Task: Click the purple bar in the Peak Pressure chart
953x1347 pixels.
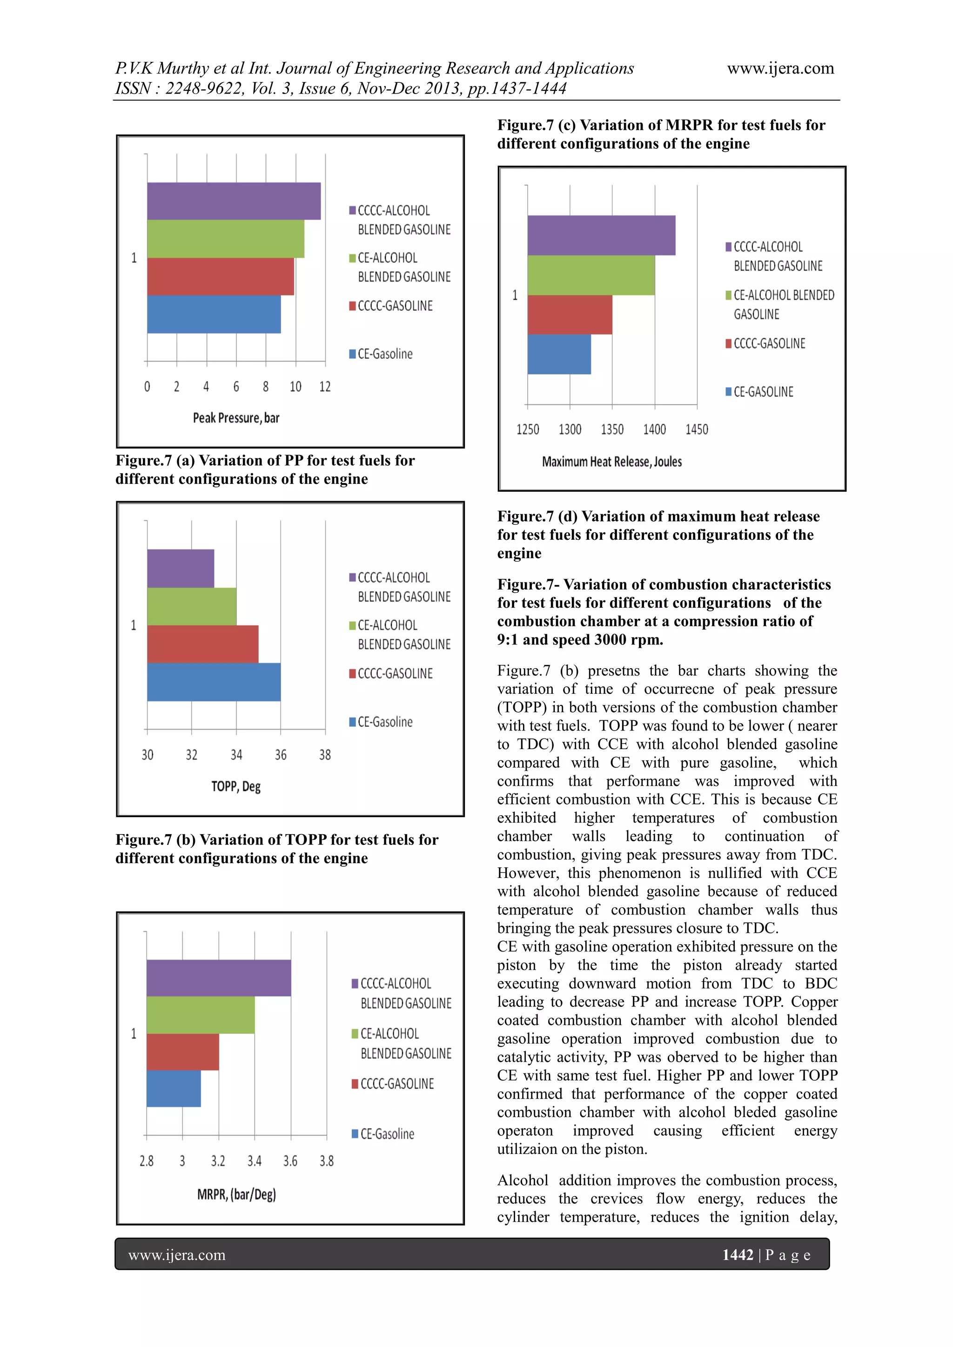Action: pyautogui.click(x=234, y=201)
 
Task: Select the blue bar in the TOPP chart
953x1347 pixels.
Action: pyautogui.click(x=214, y=682)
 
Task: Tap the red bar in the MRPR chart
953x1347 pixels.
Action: pyautogui.click(x=182, y=1052)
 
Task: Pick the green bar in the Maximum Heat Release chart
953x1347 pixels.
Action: pyautogui.click(x=591, y=275)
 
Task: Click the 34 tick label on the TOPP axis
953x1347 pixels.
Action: pyautogui.click(x=236, y=755)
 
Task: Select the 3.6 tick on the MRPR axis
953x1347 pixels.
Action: pyautogui.click(x=290, y=1160)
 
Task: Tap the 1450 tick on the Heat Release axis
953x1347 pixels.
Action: pyautogui.click(x=697, y=429)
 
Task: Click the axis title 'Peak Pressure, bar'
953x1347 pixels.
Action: pyautogui.click(x=236, y=418)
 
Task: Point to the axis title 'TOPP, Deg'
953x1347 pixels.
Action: pyautogui.click(x=236, y=786)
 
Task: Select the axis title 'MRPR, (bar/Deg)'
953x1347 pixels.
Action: pyautogui.click(x=236, y=1194)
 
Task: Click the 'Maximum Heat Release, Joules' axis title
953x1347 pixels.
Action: pyautogui.click(x=611, y=462)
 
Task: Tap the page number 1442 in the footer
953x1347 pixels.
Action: pyautogui.click(x=738, y=1255)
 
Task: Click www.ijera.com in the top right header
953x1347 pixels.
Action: pyautogui.click(x=780, y=69)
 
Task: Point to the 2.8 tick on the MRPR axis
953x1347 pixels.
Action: pyautogui.click(x=146, y=1160)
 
